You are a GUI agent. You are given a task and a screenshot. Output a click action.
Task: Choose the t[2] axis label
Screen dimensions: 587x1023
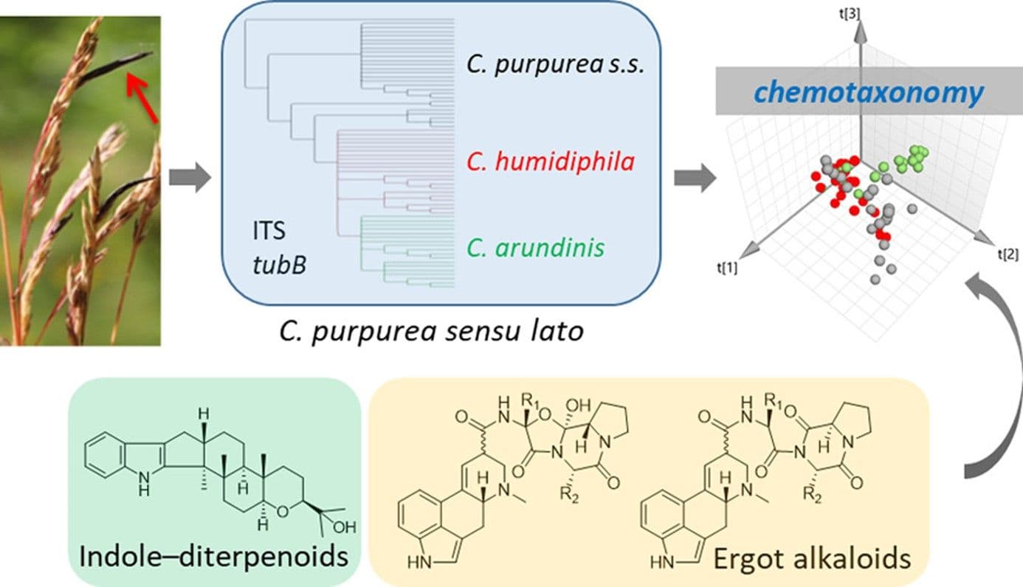1008,254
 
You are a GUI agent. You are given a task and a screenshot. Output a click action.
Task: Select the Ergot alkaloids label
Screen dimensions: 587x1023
810,558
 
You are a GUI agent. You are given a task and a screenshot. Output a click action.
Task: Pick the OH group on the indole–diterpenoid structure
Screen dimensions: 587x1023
343,527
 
